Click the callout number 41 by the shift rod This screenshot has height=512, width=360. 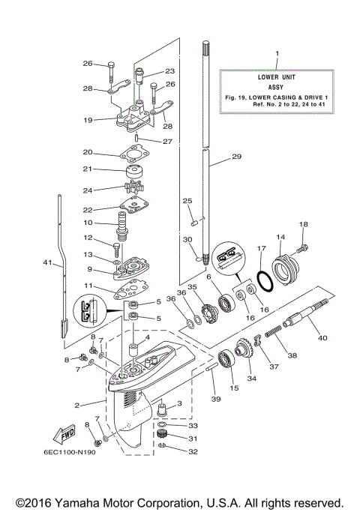[48, 263]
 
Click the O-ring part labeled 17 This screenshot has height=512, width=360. [261, 280]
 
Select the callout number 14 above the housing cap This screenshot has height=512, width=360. [280, 238]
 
